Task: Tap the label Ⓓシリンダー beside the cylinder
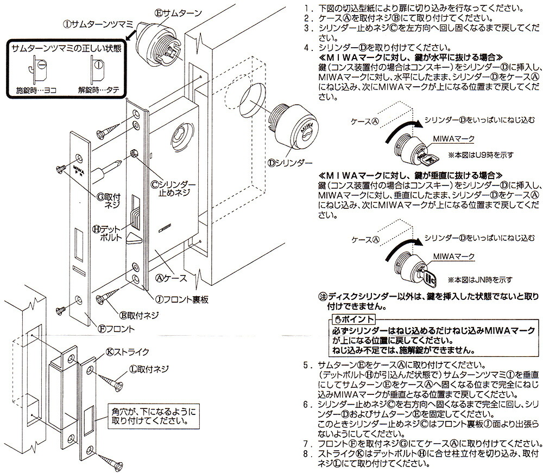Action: (290, 162)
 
